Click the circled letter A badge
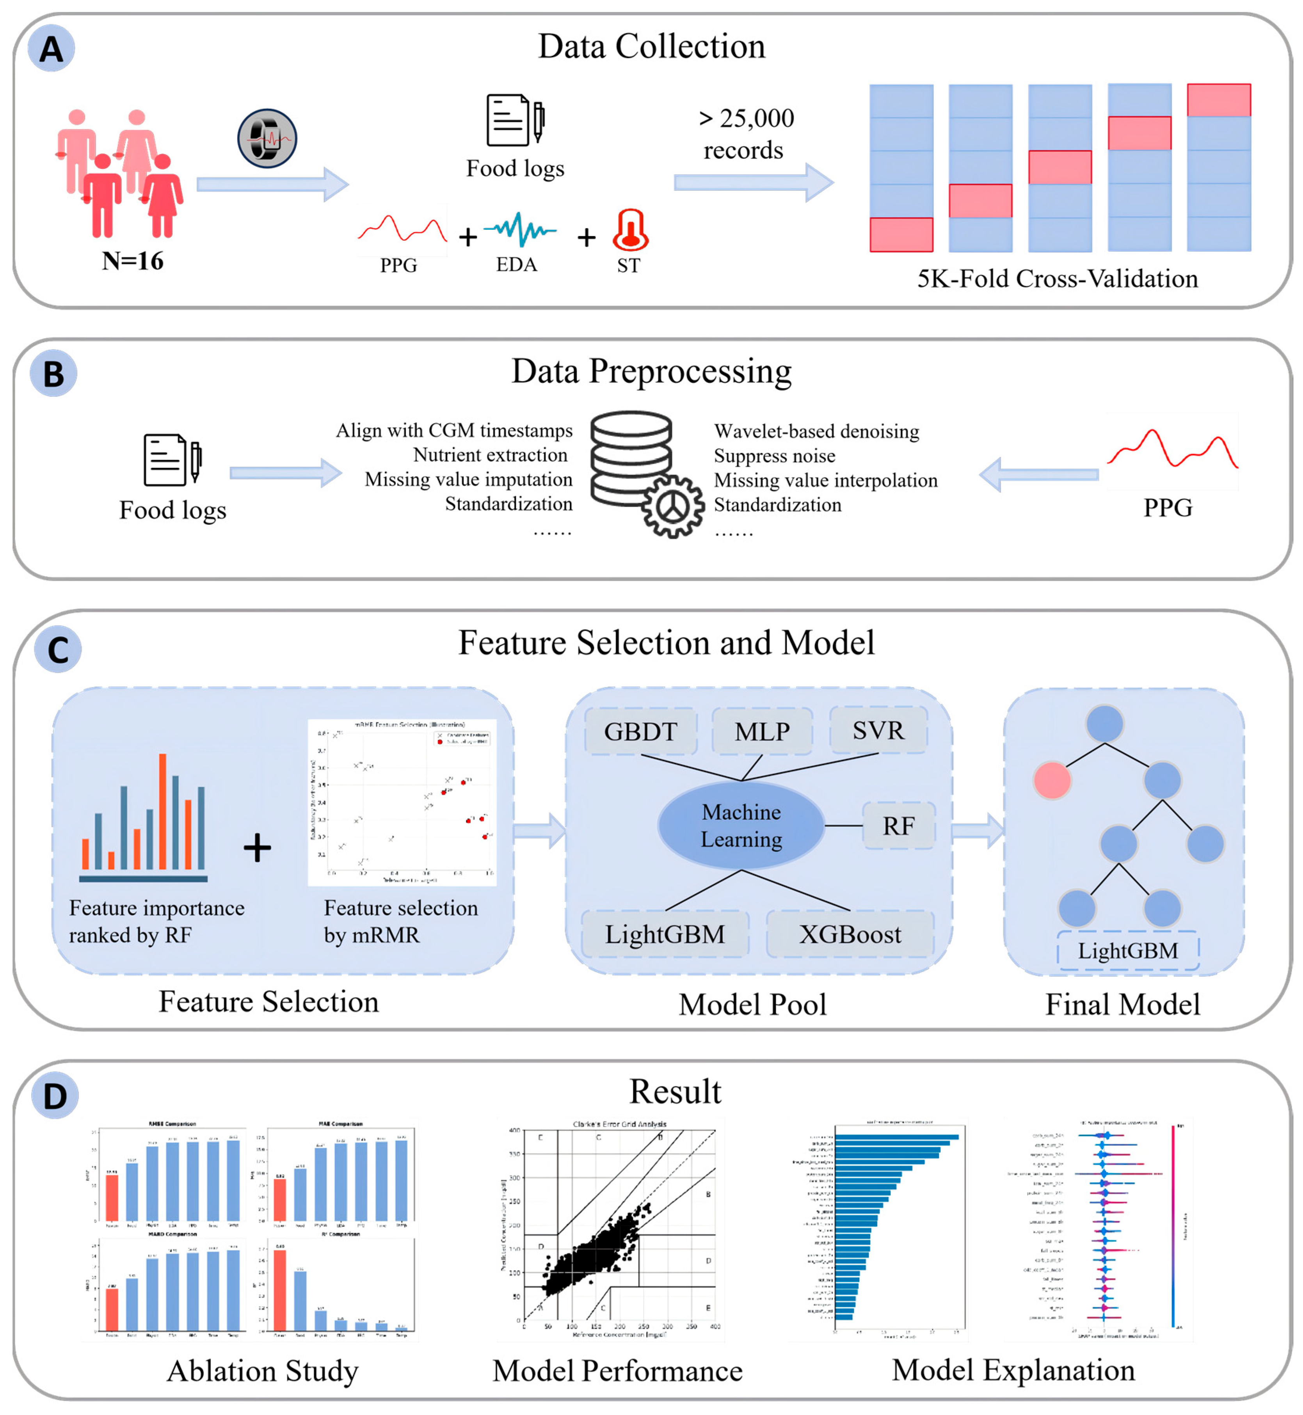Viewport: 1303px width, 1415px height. pyautogui.click(x=51, y=49)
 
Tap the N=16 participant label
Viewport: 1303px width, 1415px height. pyautogui.click(x=133, y=261)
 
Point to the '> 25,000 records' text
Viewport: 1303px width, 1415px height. pyautogui.click(x=745, y=133)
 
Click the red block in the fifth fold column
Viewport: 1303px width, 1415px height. pyautogui.click(x=1218, y=100)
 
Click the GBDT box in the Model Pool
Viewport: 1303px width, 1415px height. pyautogui.click(x=640, y=731)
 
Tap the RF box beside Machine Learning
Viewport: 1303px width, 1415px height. pyautogui.click(x=898, y=826)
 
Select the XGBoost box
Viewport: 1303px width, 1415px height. pyautogui.click(x=850, y=934)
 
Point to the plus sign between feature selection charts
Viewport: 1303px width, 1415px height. pyautogui.click(x=257, y=847)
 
